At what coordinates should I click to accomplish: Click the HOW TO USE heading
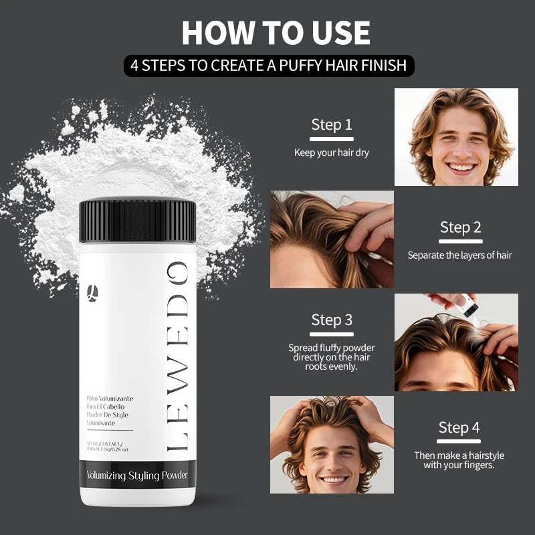pos(276,33)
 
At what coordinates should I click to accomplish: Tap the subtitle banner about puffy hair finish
pos(269,66)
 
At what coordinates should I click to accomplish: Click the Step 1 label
pos(332,124)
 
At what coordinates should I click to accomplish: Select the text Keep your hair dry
pos(332,152)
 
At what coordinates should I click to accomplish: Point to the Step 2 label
pos(460,227)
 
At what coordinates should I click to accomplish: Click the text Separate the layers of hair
pos(460,255)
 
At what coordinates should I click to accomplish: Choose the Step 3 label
pos(332,320)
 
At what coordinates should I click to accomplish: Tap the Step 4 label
pos(459,427)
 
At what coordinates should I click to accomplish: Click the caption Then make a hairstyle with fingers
pos(459,460)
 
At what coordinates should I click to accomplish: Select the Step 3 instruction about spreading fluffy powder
pos(332,357)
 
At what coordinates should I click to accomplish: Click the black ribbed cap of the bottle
pos(138,221)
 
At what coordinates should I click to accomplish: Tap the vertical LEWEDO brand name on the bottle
pos(177,358)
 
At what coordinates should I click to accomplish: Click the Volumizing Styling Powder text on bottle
pos(137,475)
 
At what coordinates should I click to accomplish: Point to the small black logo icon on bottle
pos(92,292)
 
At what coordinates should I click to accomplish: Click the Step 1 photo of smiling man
pos(456,137)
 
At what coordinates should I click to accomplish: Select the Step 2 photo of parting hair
pos(332,239)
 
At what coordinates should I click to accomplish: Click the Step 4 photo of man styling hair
pos(332,445)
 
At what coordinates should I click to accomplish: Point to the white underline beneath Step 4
pos(459,441)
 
